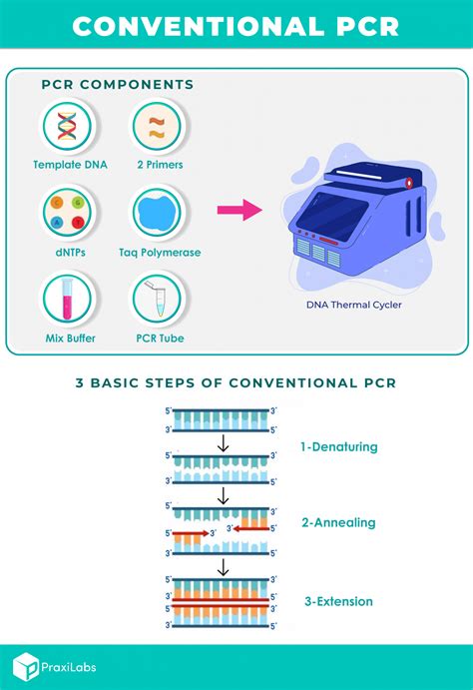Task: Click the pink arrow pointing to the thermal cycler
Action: pyautogui.click(x=238, y=211)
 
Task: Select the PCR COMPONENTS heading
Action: pyautogui.click(x=118, y=84)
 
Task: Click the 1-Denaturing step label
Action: pyautogui.click(x=339, y=446)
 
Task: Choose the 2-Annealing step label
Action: pyautogui.click(x=338, y=522)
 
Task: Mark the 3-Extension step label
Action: pyautogui.click(x=338, y=601)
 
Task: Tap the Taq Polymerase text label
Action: pyautogui.click(x=159, y=253)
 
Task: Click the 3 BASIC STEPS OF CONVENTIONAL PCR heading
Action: pyautogui.click(x=236, y=382)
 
